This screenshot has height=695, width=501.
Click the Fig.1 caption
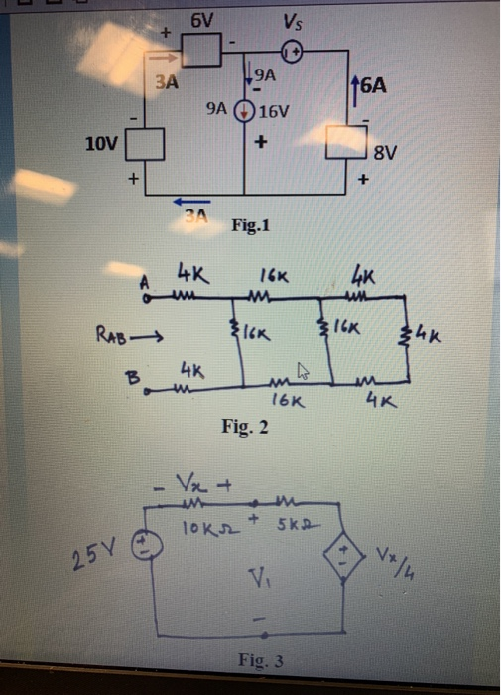click(251, 225)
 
